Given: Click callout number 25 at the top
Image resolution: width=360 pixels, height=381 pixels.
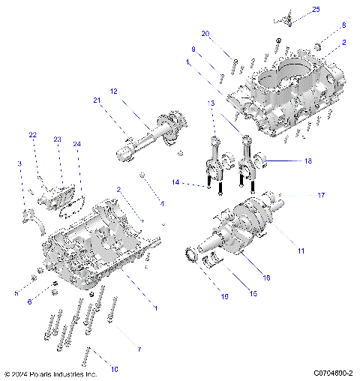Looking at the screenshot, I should click(x=316, y=9).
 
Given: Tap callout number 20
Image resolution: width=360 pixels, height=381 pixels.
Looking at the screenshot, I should click(x=206, y=34).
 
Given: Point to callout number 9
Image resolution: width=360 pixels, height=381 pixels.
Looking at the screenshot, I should click(x=193, y=49).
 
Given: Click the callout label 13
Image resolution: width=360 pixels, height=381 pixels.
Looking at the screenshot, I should click(x=211, y=102).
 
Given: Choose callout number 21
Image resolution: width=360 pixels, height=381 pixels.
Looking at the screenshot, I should click(x=97, y=100).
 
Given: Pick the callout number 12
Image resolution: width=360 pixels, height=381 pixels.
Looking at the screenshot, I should click(x=114, y=91).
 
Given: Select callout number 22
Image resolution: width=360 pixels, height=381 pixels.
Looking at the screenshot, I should click(x=32, y=135).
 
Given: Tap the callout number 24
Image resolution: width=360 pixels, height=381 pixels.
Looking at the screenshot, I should click(x=76, y=144).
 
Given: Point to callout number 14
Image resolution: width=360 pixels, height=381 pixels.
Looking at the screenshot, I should click(x=175, y=182).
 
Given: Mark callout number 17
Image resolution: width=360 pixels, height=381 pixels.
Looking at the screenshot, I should click(x=320, y=195).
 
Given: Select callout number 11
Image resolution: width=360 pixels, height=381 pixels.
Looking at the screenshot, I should click(x=301, y=250).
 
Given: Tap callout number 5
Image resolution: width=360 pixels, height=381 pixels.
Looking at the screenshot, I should click(x=16, y=293).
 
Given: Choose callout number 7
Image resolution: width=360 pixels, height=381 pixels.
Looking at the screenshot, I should click(x=137, y=349).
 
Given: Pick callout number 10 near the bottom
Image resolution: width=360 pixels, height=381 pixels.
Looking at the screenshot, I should click(x=114, y=368).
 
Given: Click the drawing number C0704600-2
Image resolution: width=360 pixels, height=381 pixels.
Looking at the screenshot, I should click(x=328, y=373).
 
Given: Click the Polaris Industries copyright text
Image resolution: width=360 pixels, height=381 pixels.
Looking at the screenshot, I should click(x=51, y=373).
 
